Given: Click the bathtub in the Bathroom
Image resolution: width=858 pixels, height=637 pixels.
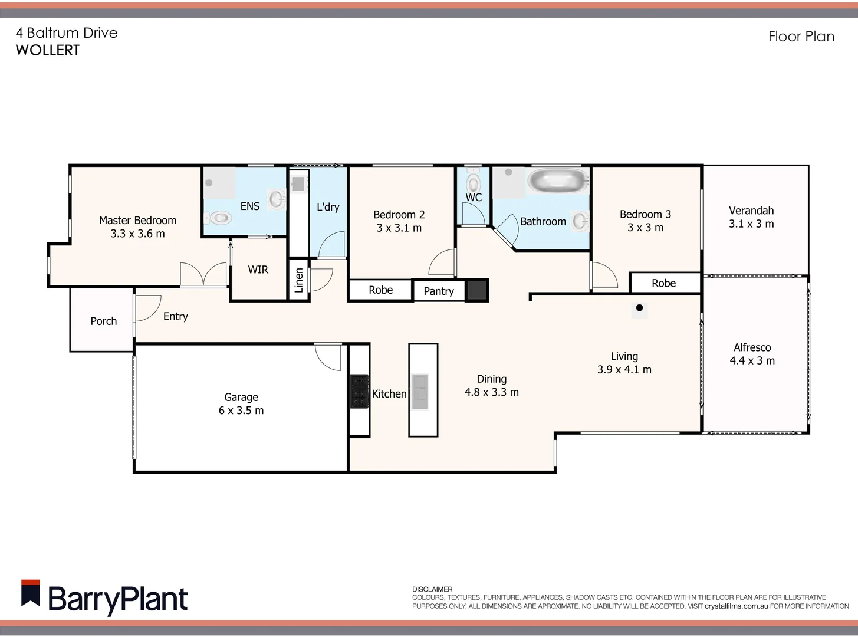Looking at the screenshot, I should click(x=557, y=181).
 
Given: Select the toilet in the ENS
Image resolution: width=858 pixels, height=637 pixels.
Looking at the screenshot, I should click(x=219, y=218).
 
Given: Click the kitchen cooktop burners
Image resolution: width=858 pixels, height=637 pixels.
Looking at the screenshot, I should click(x=359, y=391).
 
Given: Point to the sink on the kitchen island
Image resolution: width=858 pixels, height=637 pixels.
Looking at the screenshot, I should click(x=420, y=390).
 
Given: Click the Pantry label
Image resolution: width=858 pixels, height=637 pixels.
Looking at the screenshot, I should click(x=439, y=291).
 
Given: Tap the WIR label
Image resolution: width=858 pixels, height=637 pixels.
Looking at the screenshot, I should click(x=258, y=270).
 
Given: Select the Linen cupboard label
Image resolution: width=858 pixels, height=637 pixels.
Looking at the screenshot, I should click(x=299, y=280).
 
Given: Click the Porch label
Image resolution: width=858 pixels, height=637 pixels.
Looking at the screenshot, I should click(x=103, y=321).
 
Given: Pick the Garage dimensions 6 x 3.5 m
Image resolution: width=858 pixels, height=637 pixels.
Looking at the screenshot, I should click(x=241, y=411).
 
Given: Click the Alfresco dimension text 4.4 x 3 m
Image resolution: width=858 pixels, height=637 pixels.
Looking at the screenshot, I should click(x=752, y=360).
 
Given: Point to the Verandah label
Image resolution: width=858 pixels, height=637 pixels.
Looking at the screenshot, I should click(x=751, y=211).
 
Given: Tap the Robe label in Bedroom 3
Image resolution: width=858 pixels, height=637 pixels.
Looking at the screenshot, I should click(x=663, y=283).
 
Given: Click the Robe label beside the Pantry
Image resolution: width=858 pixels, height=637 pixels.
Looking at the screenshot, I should click(x=380, y=290).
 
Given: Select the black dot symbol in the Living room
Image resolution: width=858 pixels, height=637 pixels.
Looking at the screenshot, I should click(x=639, y=307).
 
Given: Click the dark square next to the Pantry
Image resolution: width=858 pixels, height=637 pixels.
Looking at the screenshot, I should click(x=476, y=290).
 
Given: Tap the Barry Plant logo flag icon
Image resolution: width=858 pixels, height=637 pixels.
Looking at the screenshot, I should click(x=31, y=593).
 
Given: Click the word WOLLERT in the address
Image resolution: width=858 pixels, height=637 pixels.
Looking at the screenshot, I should click(x=47, y=50).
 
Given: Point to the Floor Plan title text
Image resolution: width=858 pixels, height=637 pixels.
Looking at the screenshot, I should click(x=801, y=37).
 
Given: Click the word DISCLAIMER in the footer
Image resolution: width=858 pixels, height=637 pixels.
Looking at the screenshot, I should click(x=432, y=589).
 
